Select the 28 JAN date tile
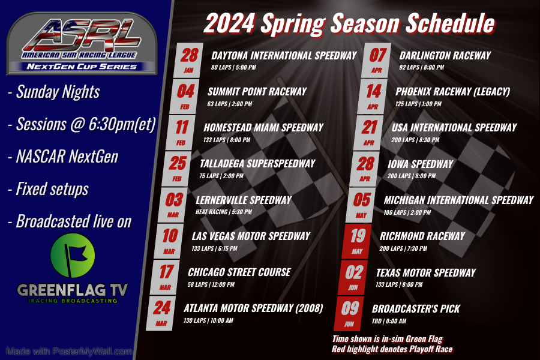189,59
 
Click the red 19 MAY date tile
358,241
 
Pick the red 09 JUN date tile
350,313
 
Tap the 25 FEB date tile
178,167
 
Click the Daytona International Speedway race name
284,56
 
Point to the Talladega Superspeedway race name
257,164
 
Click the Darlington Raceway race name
445,56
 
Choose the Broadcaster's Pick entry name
416,308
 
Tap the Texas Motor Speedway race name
425,272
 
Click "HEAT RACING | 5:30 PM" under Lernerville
224,212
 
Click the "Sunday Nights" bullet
54,92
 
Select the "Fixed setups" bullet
49,189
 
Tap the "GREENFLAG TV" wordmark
73,290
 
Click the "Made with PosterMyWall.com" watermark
68,351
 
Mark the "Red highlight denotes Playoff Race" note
392,349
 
